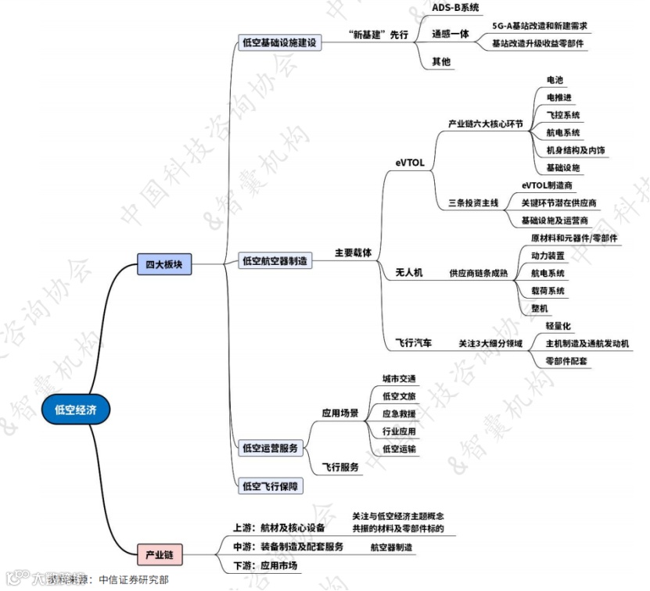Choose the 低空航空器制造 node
pyautogui.click(x=275, y=260)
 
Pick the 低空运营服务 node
pyautogui.click(x=270, y=448)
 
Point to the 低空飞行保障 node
pyautogui.click(x=270, y=486)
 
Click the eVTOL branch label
pyautogui.click(x=410, y=163)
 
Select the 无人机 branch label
pyautogui.click(x=408, y=272)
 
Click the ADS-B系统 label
pyautogui.click(x=455, y=7)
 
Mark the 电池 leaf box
pyautogui.click(x=555, y=80)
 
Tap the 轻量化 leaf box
pyautogui.click(x=558, y=326)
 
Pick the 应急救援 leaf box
pyautogui.click(x=399, y=414)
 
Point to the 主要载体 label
pyautogui.click(x=353, y=253)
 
